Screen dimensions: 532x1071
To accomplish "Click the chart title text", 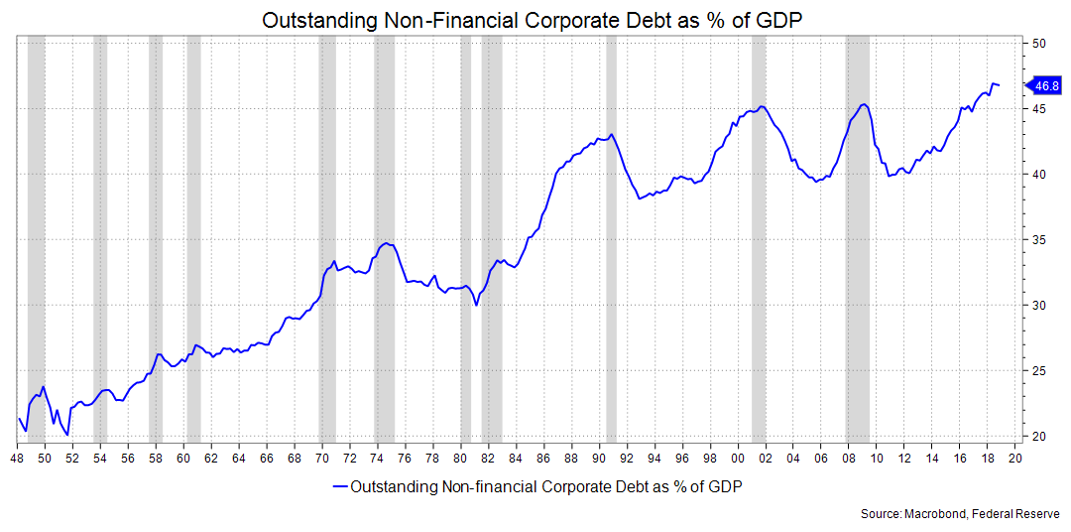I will pyautogui.click(x=535, y=20).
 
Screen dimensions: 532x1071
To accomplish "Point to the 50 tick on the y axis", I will pyautogui.click(x=1039, y=44).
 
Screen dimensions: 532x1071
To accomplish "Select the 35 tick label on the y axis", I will pyautogui.click(x=1039, y=240).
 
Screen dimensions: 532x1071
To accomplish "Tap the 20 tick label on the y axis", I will pyautogui.click(x=1039, y=436).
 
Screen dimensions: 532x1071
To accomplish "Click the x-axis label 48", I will pyautogui.click(x=17, y=459).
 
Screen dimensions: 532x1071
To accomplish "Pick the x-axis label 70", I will pyautogui.click(x=321, y=459).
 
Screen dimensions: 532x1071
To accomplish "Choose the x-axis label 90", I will pyautogui.click(x=599, y=459).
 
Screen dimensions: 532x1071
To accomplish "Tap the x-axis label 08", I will pyautogui.click(x=848, y=459).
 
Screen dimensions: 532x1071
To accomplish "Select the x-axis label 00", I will pyautogui.click(x=738, y=459).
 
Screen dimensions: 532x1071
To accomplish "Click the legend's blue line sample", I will pyautogui.click(x=340, y=486).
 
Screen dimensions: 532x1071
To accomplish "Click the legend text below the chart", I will pyautogui.click(x=546, y=486).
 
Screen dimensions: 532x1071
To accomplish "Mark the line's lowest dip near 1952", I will pyautogui.click(x=66, y=435).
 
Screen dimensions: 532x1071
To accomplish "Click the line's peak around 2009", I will pyautogui.click(x=864, y=104).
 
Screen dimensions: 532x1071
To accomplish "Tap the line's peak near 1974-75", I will pyautogui.click(x=386, y=243).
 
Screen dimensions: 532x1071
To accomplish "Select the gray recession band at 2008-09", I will pyautogui.click(x=857, y=238).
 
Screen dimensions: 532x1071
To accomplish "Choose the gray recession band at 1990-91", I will pyautogui.click(x=611, y=238).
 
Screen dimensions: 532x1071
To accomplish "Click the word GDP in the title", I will pyautogui.click(x=784, y=20).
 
